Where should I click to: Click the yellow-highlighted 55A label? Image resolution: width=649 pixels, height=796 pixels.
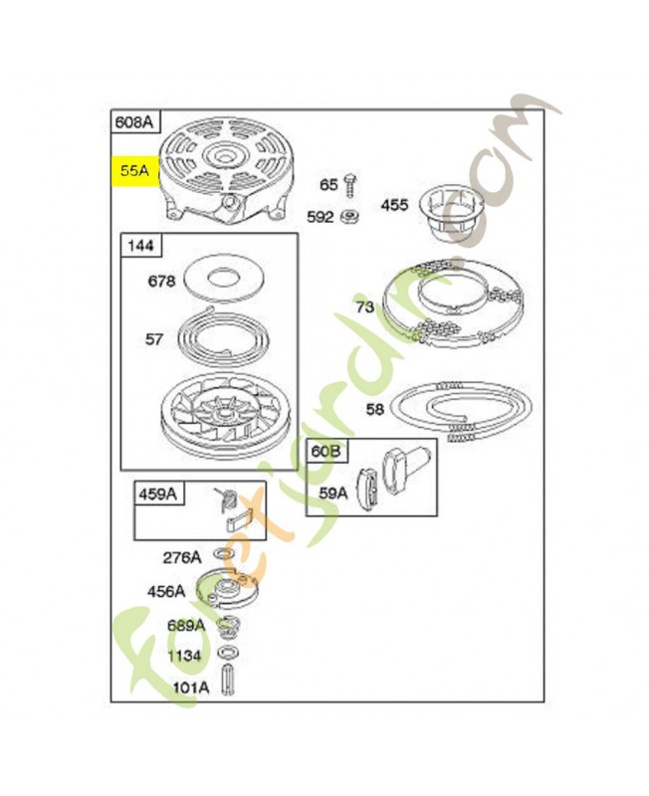point(135,171)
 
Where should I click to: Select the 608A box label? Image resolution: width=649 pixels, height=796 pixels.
point(134,121)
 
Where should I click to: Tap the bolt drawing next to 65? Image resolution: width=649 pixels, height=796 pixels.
point(350,185)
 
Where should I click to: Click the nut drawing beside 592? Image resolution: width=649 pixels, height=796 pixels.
point(350,217)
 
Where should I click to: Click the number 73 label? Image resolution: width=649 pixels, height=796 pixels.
point(365,306)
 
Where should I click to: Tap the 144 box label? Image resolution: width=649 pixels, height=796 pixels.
point(140,245)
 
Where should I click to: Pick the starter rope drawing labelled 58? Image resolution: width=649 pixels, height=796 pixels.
point(462,411)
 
